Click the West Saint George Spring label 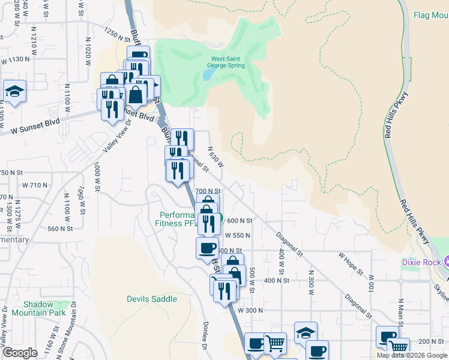click(x=227, y=62)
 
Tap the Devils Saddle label click(x=152, y=299)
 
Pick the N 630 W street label click(x=215, y=157)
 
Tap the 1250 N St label click(x=116, y=35)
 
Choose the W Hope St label click(x=351, y=263)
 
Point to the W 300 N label click(x=250, y=310)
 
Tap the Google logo click(x=20, y=353)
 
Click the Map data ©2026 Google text click(x=412, y=355)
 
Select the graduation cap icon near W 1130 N click(x=14, y=92)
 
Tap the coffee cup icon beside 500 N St click(x=208, y=247)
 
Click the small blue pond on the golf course click(x=208, y=74)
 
